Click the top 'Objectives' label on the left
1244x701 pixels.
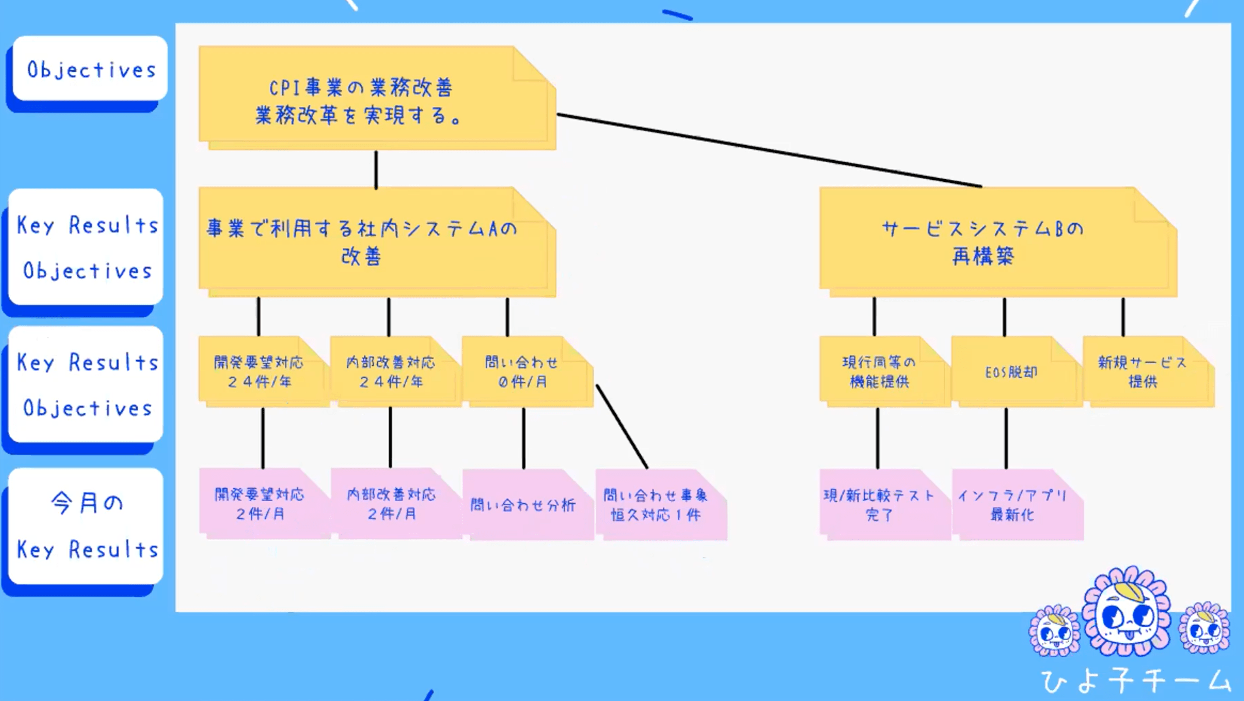click(x=90, y=69)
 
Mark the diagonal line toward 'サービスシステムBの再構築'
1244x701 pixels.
click(x=769, y=151)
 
